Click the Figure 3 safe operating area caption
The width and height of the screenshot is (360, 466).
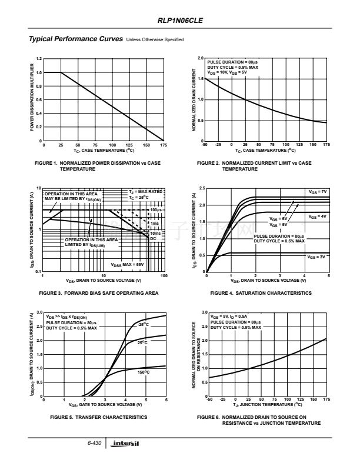98,292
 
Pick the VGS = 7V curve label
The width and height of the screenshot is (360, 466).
318,192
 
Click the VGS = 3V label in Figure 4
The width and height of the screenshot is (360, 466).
316,257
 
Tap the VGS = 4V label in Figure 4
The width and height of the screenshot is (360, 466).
318,217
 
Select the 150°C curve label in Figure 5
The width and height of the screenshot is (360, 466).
144,372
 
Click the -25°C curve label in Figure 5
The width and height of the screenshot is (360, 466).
143,324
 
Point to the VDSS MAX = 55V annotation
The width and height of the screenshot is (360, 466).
127,265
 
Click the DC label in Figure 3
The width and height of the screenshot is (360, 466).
153,238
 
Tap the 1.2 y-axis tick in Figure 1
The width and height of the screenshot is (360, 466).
38,59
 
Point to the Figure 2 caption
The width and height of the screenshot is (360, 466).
254,165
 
